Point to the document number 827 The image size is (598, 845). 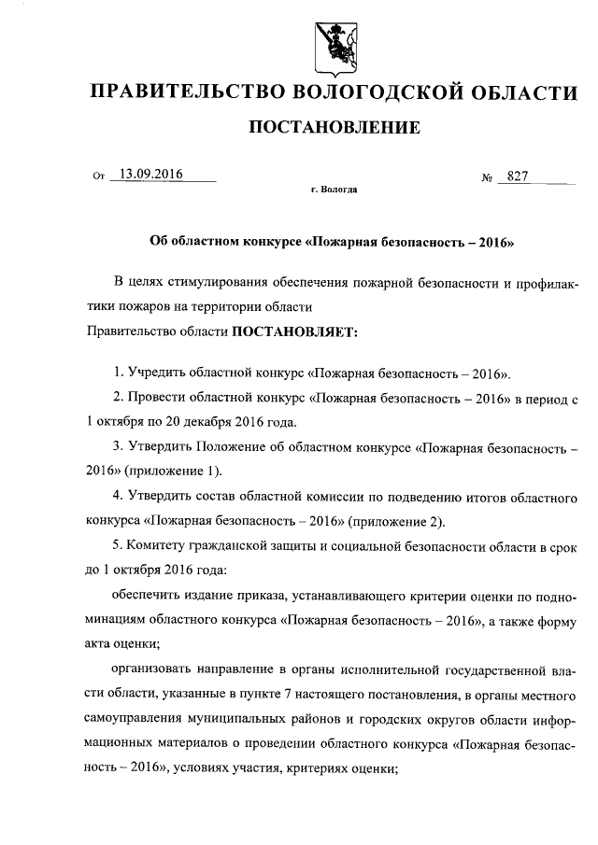(519, 176)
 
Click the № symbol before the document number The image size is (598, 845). (486, 177)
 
